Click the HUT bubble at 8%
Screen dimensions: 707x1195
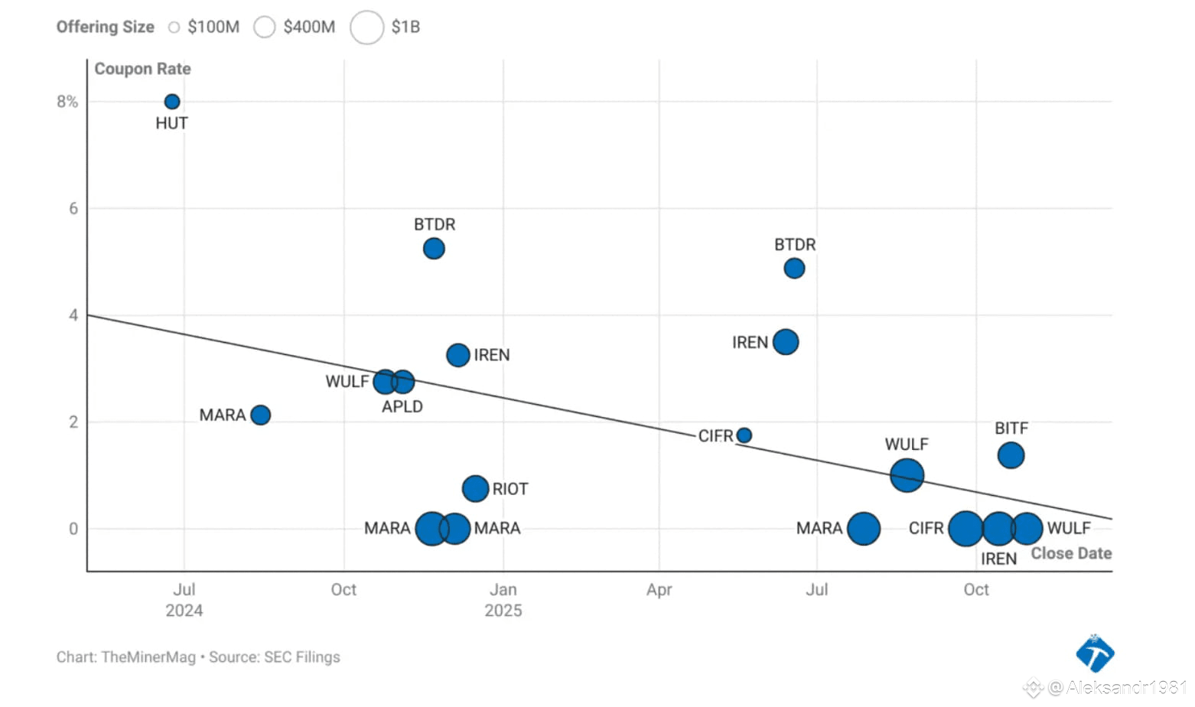(x=172, y=102)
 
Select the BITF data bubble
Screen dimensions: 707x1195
(x=1011, y=455)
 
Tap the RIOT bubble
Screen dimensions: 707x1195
(x=475, y=488)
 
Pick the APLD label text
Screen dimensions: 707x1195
(x=402, y=406)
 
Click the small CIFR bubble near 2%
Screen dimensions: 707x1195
(x=744, y=435)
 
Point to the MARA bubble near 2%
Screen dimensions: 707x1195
(x=260, y=415)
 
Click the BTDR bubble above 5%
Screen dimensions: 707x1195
(x=434, y=249)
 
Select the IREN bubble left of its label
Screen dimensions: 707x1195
(x=457, y=355)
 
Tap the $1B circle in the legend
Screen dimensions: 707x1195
(x=366, y=28)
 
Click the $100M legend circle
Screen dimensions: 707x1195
(x=174, y=28)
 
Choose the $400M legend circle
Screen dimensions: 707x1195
(x=264, y=28)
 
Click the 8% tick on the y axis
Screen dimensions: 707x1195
(x=67, y=102)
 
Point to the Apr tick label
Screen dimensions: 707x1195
(x=659, y=589)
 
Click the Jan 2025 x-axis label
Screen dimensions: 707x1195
(x=503, y=600)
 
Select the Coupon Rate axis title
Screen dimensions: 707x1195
(x=142, y=69)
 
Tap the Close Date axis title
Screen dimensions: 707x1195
(x=1070, y=553)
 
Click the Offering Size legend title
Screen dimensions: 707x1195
(x=105, y=27)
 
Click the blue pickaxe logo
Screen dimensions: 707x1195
(x=1095, y=653)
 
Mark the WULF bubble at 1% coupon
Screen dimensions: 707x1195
(x=907, y=475)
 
